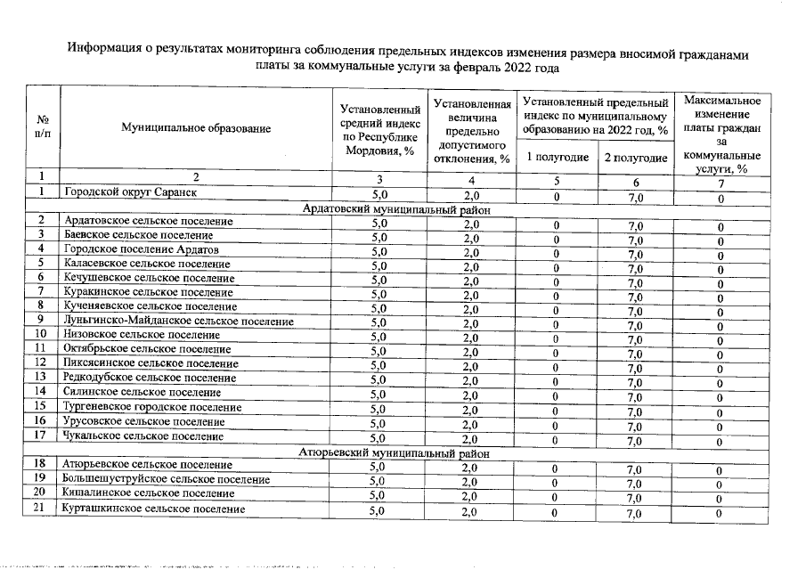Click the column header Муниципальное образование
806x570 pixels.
[x=196, y=129]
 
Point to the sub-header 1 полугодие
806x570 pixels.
[x=557, y=158]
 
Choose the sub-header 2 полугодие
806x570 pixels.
[x=635, y=158]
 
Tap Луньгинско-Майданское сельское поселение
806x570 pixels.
[x=178, y=321]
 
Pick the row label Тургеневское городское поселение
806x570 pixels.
[x=152, y=406]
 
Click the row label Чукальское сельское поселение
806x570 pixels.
[x=142, y=436]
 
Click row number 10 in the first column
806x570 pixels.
[x=41, y=334]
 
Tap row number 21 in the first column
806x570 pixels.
[x=41, y=509]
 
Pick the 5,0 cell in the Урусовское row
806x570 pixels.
[x=379, y=422]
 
